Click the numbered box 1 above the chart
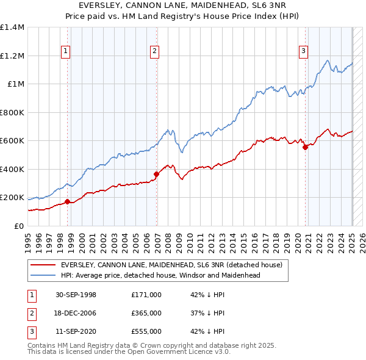point(65,51)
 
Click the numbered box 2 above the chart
point(155,51)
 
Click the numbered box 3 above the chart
point(303,51)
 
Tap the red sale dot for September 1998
point(67,201)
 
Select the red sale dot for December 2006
point(156,174)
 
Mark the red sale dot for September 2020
point(305,147)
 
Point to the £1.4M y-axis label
point(12,27)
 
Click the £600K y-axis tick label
point(12,141)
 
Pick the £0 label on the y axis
point(18,226)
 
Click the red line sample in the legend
point(44,265)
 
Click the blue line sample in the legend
point(44,275)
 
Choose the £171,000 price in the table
point(146,295)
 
